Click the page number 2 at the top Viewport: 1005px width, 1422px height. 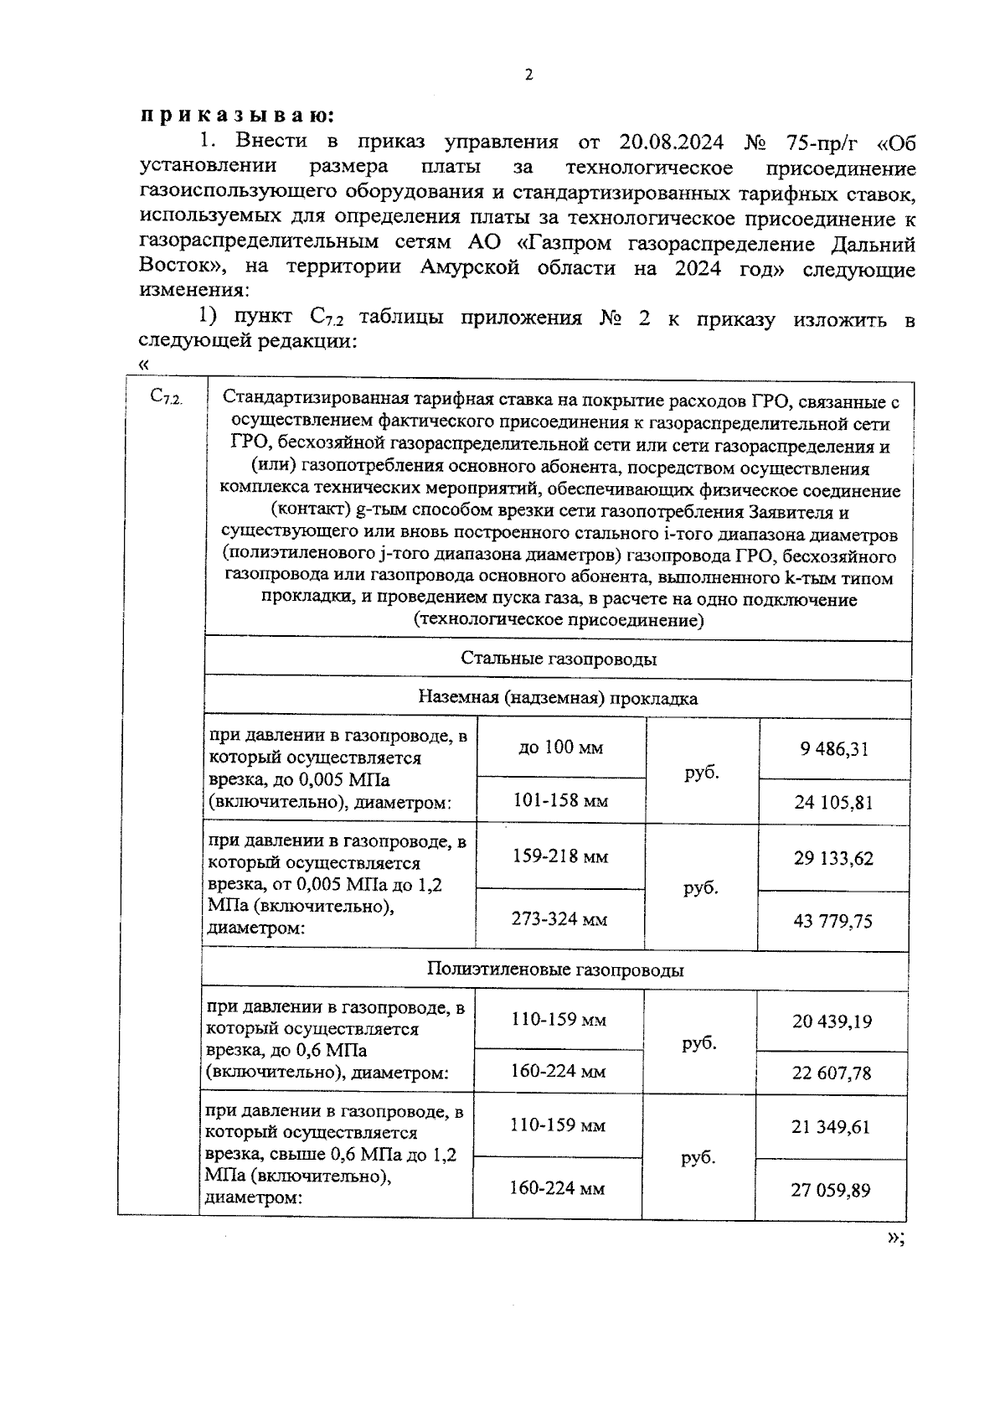(528, 75)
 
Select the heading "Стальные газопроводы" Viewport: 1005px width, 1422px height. (558, 659)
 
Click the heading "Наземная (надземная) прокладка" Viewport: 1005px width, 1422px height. (558, 698)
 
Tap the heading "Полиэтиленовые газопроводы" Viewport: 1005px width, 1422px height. (554, 970)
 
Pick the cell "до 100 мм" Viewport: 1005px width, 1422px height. (560, 747)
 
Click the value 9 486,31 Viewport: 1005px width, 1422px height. (833, 748)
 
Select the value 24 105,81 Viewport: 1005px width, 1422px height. (833, 802)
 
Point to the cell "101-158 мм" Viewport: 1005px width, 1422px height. (560, 800)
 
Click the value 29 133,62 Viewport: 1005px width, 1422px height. (832, 858)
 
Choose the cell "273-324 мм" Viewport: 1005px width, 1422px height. (559, 919)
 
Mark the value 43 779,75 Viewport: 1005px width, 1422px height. (832, 921)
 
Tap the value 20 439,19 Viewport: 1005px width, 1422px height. (832, 1021)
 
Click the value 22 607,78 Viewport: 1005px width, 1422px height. (832, 1073)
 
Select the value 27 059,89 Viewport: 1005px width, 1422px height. (831, 1189)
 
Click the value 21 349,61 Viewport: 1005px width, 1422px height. (831, 1126)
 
